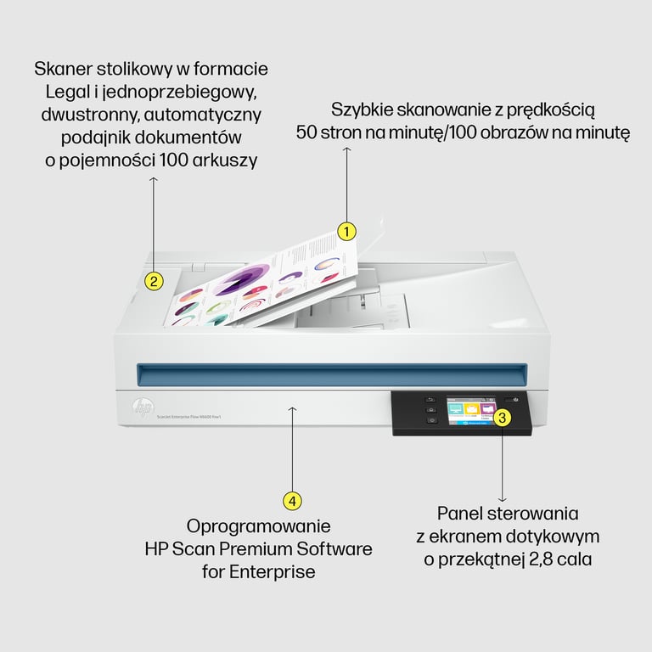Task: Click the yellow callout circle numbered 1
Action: point(346,230)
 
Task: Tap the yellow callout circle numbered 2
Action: point(153,281)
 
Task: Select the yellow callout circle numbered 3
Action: point(502,417)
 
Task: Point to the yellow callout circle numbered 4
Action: point(292,501)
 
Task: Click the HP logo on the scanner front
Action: point(142,408)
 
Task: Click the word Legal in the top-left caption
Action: point(70,91)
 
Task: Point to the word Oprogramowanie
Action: point(258,526)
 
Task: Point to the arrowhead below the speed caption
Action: point(346,150)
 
